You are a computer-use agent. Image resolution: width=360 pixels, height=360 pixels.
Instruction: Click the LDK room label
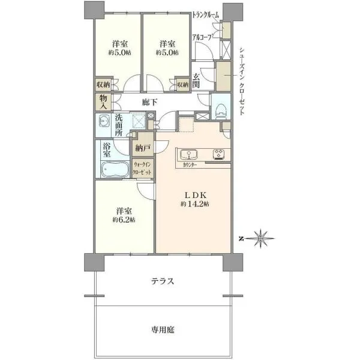(196, 195)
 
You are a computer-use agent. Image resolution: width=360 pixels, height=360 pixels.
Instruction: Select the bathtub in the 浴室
(115, 169)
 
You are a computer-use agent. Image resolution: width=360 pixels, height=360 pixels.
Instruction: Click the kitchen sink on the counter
(189, 154)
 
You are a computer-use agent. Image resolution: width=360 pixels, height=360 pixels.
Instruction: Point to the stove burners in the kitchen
(219, 154)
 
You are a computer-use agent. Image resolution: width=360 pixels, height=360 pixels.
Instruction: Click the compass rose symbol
(260, 239)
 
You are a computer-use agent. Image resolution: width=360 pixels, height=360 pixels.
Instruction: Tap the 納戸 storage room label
(143, 149)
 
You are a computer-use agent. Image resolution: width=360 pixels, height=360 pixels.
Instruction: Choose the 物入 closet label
(103, 103)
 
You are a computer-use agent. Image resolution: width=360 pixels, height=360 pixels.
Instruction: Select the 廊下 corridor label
(149, 102)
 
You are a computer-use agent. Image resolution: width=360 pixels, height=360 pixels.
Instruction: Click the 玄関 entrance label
(196, 80)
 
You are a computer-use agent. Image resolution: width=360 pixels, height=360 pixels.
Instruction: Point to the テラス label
(163, 281)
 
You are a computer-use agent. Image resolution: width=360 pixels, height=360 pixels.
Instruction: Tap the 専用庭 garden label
(163, 330)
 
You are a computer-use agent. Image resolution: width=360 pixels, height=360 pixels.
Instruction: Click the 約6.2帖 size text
(124, 220)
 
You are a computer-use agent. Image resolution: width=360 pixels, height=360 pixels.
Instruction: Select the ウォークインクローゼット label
(142, 168)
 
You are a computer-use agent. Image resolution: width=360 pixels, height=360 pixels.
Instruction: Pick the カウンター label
(190, 165)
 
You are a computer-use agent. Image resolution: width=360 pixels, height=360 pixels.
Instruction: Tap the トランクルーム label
(205, 15)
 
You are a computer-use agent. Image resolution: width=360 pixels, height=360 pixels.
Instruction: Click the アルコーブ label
(202, 37)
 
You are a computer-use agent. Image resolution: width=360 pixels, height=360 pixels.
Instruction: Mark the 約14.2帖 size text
(194, 204)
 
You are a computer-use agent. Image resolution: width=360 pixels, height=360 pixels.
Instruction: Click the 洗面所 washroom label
(119, 125)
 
